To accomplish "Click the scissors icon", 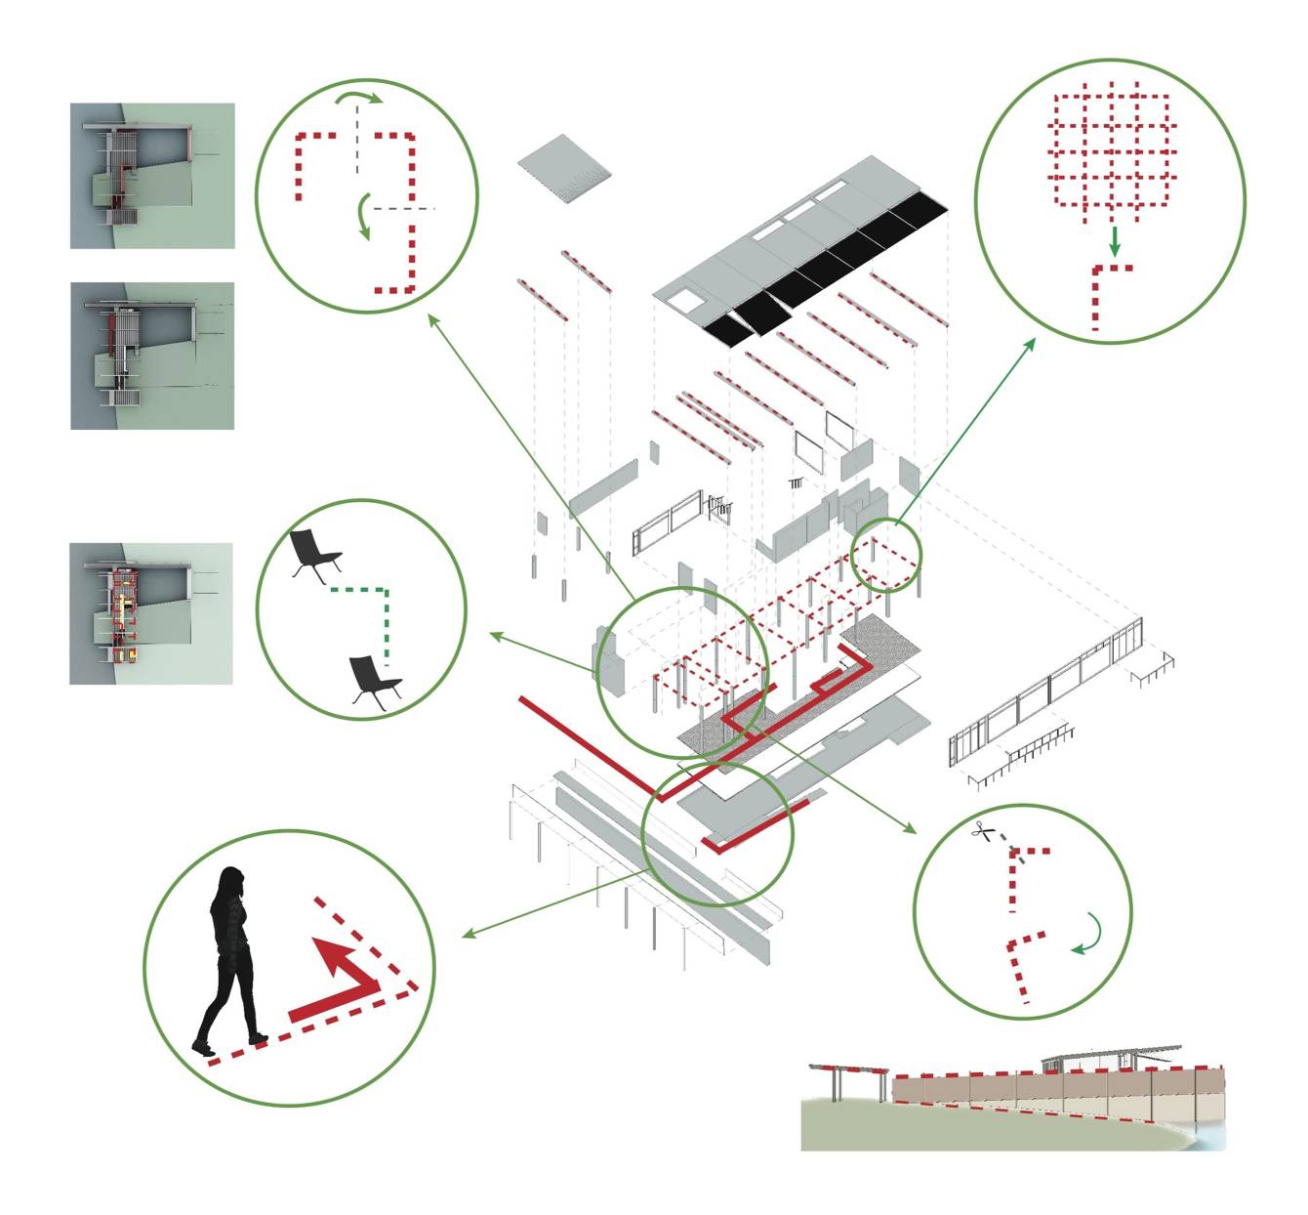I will coord(984,832).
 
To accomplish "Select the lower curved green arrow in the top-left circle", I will coord(363,216).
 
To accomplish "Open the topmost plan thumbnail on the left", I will coord(152,176).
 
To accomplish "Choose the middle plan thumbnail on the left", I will coord(152,356).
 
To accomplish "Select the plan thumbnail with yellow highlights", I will coord(151,613).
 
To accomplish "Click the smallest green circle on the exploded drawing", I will coord(886,554).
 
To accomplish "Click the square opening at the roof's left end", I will coord(690,302).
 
